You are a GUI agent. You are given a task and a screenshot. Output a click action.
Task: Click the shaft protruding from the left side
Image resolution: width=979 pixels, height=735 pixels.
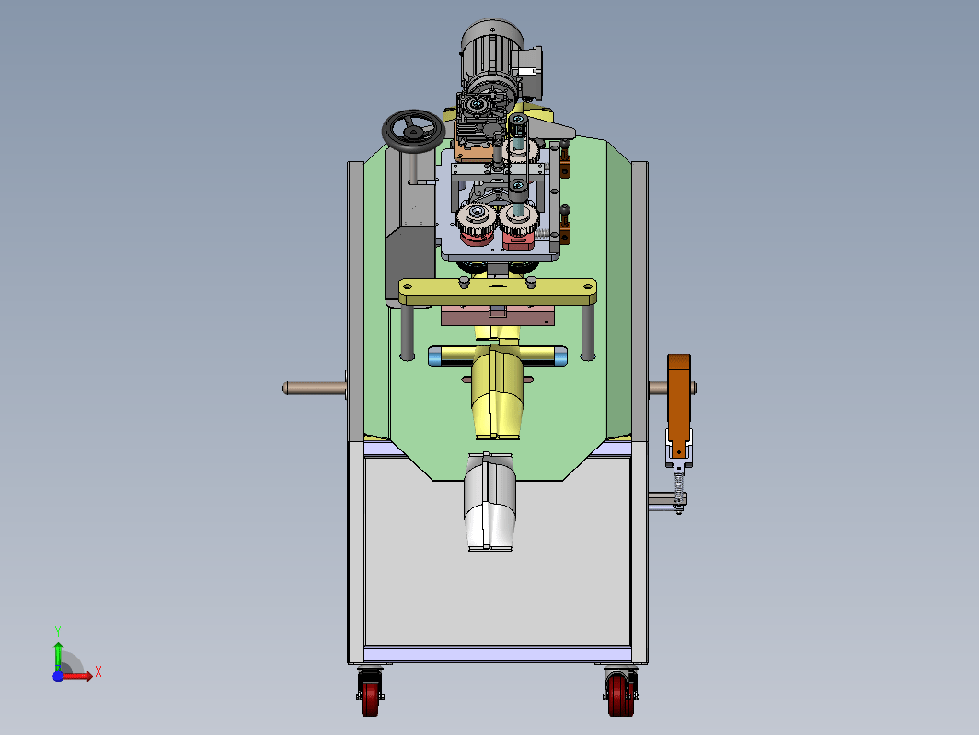pyautogui.click(x=314, y=388)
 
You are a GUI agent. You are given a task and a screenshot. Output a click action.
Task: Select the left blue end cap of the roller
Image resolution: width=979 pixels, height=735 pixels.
pyautogui.click(x=434, y=356)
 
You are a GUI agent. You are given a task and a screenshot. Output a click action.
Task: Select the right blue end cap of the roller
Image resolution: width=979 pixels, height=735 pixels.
pyautogui.click(x=560, y=356)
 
